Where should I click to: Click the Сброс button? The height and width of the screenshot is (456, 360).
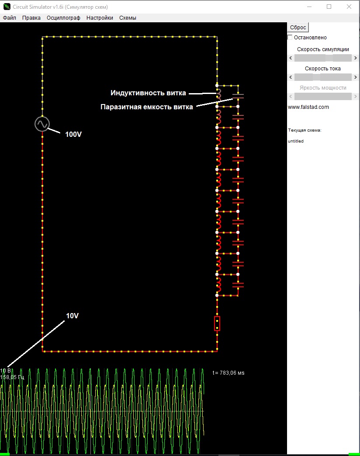click(x=298, y=27)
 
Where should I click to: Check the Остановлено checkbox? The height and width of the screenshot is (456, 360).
click(x=290, y=38)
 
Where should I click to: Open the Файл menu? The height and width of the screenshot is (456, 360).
click(x=9, y=18)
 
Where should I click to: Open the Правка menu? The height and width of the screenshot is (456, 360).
click(x=31, y=18)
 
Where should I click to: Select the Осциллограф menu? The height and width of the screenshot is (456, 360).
click(x=63, y=18)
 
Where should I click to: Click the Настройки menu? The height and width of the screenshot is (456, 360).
click(x=100, y=18)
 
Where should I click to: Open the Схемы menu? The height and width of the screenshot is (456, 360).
click(x=128, y=18)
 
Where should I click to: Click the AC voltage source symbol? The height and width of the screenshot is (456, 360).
click(x=42, y=124)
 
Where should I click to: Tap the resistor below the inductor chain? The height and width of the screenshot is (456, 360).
click(x=217, y=324)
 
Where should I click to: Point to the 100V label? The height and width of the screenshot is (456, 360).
click(x=73, y=134)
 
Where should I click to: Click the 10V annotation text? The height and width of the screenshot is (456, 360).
click(x=73, y=316)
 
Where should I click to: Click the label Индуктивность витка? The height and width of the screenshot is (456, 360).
click(x=148, y=93)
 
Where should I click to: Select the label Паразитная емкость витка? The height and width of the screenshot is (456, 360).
click(x=146, y=107)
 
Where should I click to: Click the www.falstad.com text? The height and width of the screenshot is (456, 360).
click(x=308, y=107)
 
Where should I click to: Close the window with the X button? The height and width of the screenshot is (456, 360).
click(x=349, y=7)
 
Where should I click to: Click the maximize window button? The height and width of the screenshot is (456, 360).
click(x=329, y=7)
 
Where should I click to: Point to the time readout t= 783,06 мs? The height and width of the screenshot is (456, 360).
click(x=228, y=373)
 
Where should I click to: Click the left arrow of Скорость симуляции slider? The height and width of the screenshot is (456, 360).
click(x=291, y=58)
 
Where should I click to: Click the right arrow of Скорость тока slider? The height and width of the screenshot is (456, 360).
click(x=355, y=77)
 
